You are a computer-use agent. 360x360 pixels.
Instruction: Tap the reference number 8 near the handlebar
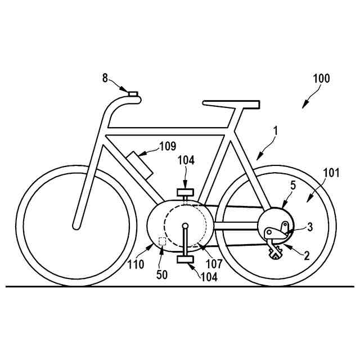pos(106,78)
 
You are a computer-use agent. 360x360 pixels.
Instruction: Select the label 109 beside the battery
pos(168,147)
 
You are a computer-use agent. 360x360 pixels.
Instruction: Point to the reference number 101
pos(331,173)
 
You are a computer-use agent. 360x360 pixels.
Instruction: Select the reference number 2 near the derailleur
pos(307,255)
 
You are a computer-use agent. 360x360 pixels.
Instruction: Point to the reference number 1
pos(276,130)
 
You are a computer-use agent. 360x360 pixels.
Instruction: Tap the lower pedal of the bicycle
pos(186,259)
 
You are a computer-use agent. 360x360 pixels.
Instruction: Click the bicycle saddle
pos(231,104)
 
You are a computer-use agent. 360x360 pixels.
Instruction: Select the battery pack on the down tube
pos(139,164)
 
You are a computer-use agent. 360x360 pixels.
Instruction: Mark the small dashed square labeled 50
pos(163,241)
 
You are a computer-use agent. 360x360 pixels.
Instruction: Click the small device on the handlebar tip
pos(133,94)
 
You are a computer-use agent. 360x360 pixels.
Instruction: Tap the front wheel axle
pos(76,227)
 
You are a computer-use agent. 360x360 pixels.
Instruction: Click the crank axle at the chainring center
pos(185,226)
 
